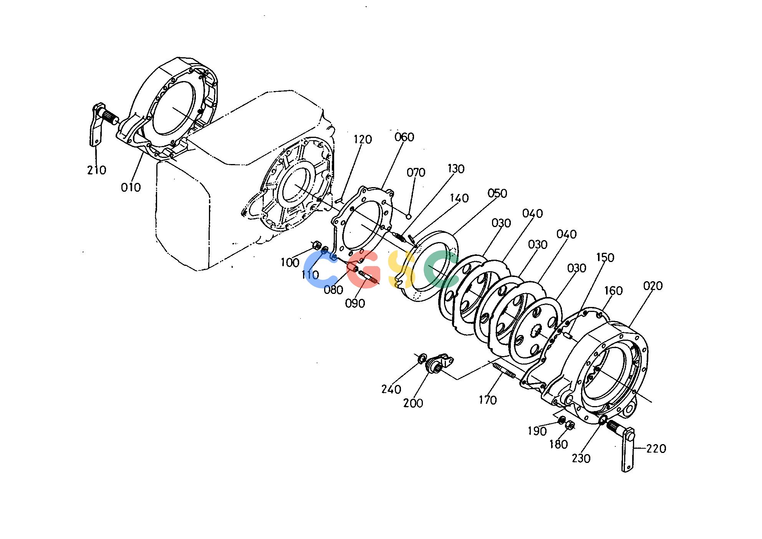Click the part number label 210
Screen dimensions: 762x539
[96, 170]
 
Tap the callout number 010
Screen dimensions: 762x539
[131, 187]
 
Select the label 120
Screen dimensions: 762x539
[363, 139]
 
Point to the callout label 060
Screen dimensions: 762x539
[404, 137]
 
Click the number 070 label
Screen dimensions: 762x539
[416, 172]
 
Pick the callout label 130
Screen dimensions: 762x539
[456, 169]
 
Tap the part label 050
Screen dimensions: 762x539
[497, 193]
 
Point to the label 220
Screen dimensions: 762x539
[656, 448]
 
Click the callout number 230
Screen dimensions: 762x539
[581, 458]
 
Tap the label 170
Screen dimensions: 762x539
[487, 400]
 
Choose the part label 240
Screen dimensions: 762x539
[391, 389]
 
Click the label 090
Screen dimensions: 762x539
[355, 303]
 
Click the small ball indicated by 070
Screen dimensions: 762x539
[409, 216]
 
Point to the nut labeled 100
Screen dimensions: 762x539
[317, 245]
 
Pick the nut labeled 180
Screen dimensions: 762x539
[570, 425]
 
